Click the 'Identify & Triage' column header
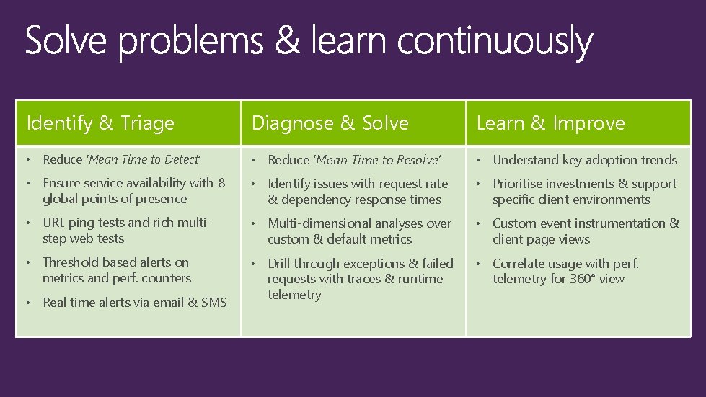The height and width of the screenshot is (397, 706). (x=100, y=123)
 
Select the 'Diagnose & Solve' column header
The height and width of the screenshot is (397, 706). (x=330, y=123)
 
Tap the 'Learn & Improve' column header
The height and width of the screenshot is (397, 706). (x=550, y=123)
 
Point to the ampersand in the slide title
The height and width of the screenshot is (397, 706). (x=286, y=43)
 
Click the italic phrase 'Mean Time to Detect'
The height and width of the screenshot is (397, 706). (x=143, y=159)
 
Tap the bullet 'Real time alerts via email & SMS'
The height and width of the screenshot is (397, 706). (x=135, y=303)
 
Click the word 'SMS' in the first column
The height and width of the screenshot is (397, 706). (x=214, y=303)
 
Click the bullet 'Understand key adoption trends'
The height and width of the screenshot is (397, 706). (x=585, y=160)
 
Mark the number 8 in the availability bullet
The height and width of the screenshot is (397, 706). (x=221, y=183)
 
